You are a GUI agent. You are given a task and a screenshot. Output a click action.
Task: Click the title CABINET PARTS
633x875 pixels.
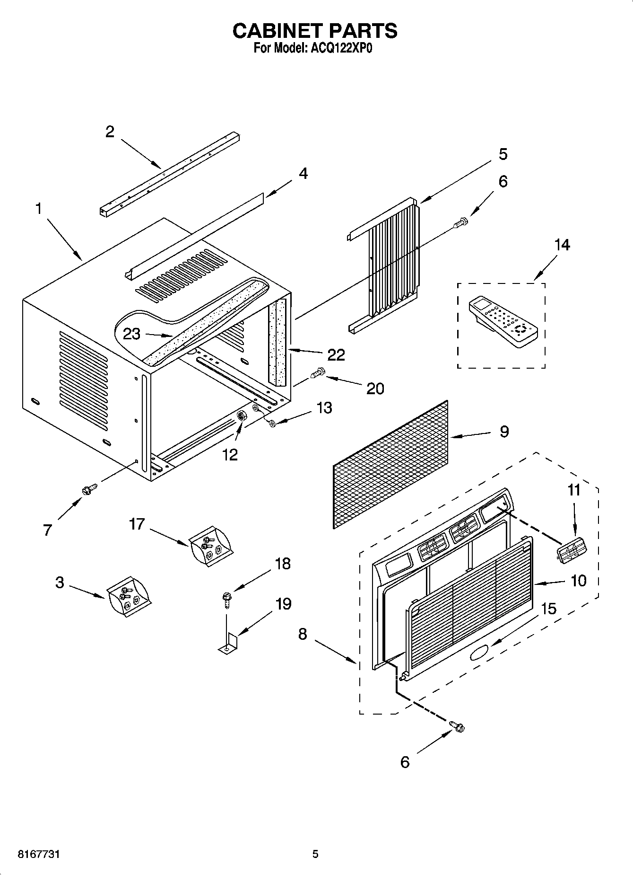click(315, 31)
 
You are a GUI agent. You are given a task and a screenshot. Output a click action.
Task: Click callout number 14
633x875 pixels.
click(562, 245)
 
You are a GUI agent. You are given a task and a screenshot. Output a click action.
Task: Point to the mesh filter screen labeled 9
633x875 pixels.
click(390, 464)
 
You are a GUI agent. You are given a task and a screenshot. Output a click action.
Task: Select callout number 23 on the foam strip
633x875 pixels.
click(131, 334)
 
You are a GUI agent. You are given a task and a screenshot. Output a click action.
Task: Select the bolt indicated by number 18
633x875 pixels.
click(226, 599)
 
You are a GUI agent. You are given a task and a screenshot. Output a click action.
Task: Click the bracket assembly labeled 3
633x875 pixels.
click(129, 597)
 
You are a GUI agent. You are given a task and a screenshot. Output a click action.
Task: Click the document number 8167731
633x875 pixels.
click(39, 854)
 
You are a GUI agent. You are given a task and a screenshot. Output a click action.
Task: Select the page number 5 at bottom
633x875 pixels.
click(315, 854)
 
